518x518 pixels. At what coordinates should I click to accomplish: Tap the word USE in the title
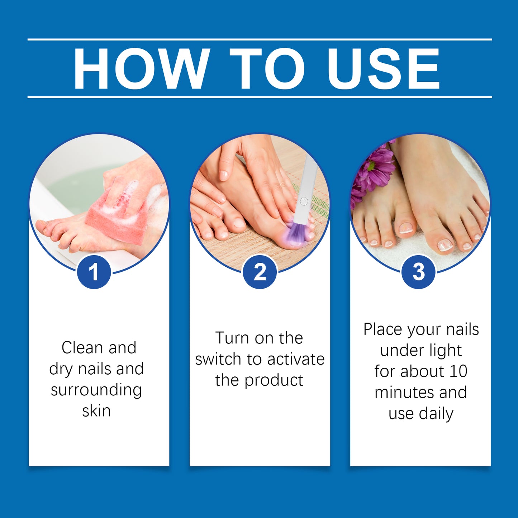[384, 68]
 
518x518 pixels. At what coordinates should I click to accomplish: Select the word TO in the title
[267, 68]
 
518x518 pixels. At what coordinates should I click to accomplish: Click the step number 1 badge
[94, 272]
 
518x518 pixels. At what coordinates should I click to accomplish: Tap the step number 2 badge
[260, 272]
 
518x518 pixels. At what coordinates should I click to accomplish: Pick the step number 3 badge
[418, 272]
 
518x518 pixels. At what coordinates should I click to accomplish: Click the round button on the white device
[304, 201]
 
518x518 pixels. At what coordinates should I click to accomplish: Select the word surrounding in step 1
[96, 390]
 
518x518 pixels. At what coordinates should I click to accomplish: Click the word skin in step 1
[96, 411]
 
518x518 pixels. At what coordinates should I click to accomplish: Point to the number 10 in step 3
[458, 371]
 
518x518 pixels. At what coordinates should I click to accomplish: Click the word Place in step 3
[382, 329]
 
